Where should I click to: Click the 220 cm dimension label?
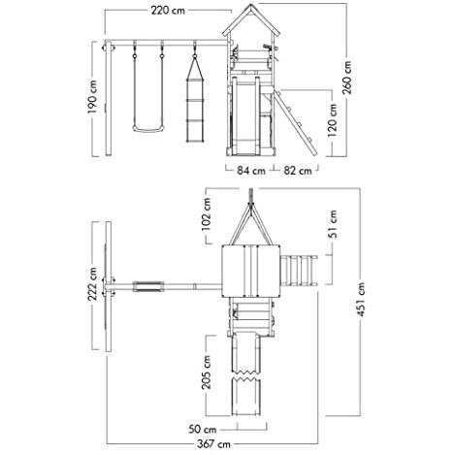pos(168,11)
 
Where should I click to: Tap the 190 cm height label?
pos(93,97)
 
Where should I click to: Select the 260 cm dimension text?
pos(347,78)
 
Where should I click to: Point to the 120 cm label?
pos(332,120)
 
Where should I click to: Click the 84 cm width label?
pos(251,171)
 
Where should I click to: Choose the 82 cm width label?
pos(298,171)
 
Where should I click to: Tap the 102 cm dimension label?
pos(206,213)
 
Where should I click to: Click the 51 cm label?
pos(332,224)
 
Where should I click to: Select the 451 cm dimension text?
pos(361,300)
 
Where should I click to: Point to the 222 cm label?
pos(93,284)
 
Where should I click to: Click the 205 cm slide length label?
pos(206,373)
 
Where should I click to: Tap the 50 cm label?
pos(203,430)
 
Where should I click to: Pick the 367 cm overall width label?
pos(213,444)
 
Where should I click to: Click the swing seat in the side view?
pos(148,129)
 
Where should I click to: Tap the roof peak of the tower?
pos(251,4)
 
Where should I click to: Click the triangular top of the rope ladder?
pos(195,68)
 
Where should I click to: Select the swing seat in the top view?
pos(148,286)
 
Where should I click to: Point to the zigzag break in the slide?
pos(246,375)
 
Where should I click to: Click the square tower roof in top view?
pos(250,271)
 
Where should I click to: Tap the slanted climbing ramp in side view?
pos(296,122)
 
